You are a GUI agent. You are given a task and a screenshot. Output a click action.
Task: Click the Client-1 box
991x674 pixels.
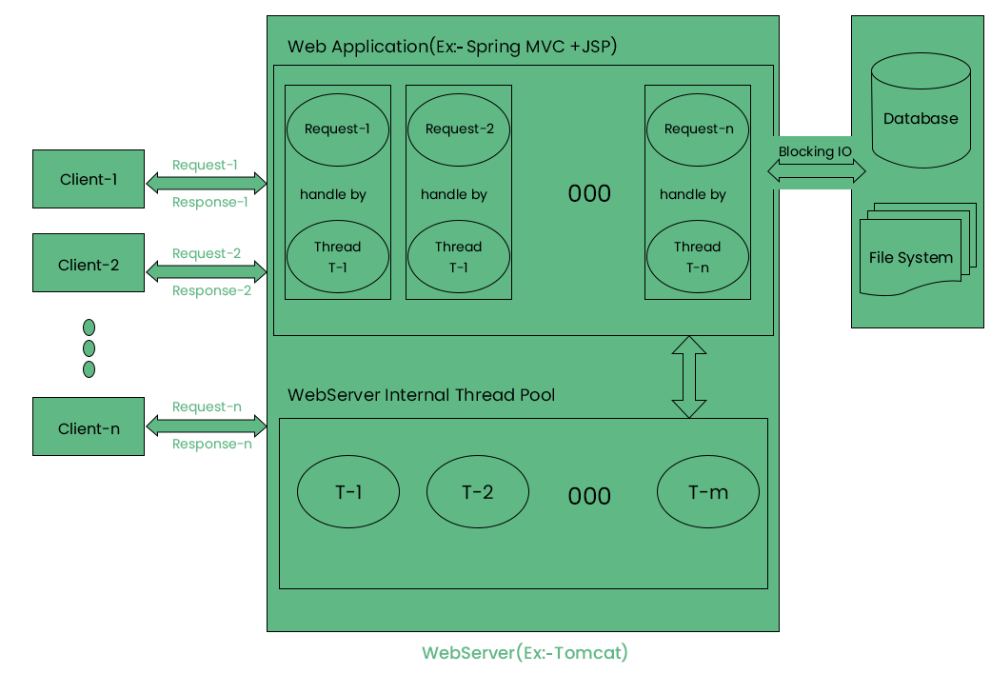click(x=89, y=179)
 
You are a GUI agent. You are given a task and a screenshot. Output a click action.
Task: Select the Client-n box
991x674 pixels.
click(x=89, y=428)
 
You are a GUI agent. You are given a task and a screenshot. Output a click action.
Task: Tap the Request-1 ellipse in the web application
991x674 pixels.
click(x=337, y=129)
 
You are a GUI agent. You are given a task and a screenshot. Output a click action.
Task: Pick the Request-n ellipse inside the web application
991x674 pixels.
click(x=698, y=129)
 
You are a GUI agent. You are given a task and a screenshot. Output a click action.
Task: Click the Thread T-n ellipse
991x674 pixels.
click(x=698, y=257)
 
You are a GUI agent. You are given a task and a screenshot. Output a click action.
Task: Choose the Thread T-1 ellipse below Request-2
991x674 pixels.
click(x=458, y=257)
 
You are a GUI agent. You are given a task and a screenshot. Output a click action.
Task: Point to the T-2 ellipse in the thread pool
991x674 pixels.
click(x=477, y=492)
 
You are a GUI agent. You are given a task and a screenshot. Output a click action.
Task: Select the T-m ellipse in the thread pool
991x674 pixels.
click(x=707, y=492)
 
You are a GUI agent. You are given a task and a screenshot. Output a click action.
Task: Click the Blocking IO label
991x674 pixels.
click(x=815, y=151)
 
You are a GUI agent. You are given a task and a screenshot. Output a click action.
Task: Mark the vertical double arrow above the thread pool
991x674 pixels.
click(x=689, y=377)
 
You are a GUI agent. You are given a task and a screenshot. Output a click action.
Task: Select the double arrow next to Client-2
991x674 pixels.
click(x=207, y=272)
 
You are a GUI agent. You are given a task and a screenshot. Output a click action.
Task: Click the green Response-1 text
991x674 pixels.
click(x=210, y=202)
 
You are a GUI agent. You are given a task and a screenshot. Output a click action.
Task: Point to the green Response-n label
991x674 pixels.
click(x=211, y=444)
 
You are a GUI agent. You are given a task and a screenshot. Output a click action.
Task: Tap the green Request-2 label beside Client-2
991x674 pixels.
click(x=207, y=253)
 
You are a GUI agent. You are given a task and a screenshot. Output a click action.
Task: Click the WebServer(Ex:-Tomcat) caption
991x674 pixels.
click(x=525, y=653)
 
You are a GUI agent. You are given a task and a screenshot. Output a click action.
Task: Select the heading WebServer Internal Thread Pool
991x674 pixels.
click(x=421, y=394)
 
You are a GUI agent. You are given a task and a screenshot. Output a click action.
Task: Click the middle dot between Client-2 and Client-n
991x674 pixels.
click(x=89, y=348)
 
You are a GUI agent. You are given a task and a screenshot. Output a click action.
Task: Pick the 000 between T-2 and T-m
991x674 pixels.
click(x=589, y=496)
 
